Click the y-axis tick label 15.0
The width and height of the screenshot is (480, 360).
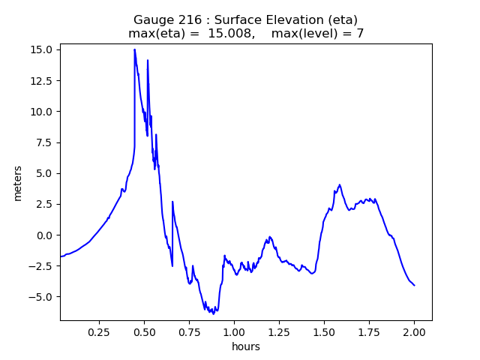[41, 49]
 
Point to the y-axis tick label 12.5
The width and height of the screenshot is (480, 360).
[41, 80]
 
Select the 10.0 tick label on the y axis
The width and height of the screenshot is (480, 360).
[41, 112]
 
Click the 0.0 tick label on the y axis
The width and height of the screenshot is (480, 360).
[44, 235]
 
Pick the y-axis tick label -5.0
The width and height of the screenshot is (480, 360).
[41, 297]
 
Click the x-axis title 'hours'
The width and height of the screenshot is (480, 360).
[246, 346]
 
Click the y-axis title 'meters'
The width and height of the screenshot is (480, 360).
[17, 183]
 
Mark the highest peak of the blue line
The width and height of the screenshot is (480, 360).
[135, 49]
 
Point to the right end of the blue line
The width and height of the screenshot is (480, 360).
[414, 285]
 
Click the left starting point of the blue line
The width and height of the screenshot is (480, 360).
[61, 256]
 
